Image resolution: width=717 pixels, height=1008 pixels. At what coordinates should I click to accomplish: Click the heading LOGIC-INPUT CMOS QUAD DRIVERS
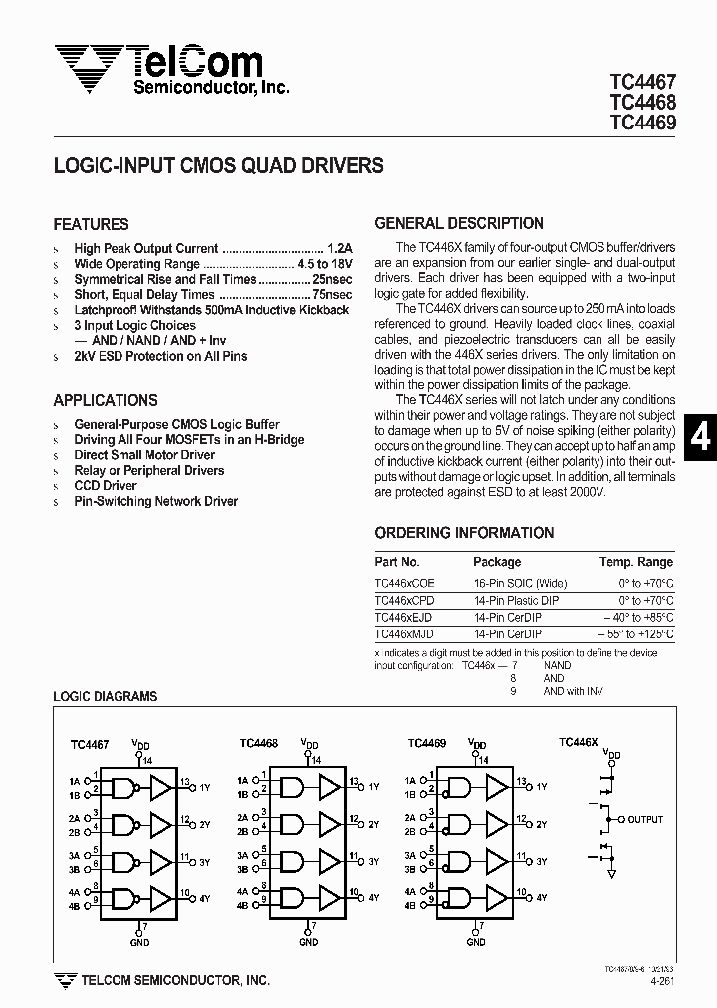point(218,167)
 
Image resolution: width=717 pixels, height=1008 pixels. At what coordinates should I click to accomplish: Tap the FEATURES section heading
point(91,225)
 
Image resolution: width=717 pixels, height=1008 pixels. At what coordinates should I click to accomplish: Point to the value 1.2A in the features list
point(338,249)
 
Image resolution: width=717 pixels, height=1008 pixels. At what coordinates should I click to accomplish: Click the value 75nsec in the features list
point(330,295)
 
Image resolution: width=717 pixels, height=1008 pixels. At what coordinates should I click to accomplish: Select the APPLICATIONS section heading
point(105,401)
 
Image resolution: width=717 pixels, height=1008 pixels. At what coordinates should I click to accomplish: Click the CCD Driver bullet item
point(106,486)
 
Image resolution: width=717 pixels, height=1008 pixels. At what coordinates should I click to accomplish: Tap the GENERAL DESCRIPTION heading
point(458,224)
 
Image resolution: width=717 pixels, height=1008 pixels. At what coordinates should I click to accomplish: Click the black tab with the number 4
point(700,437)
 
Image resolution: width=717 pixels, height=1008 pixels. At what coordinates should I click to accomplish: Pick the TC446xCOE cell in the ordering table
point(404,583)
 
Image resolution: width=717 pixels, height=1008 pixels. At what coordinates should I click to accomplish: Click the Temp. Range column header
point(636,562)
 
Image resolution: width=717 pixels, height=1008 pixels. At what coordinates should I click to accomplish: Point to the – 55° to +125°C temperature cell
point(636,633)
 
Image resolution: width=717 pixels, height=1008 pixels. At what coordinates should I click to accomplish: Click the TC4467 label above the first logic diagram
point(90,743)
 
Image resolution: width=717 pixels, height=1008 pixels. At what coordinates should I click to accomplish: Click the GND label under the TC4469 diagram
point(478,942)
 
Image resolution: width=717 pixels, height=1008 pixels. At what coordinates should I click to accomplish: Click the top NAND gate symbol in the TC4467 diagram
point(122,788)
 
